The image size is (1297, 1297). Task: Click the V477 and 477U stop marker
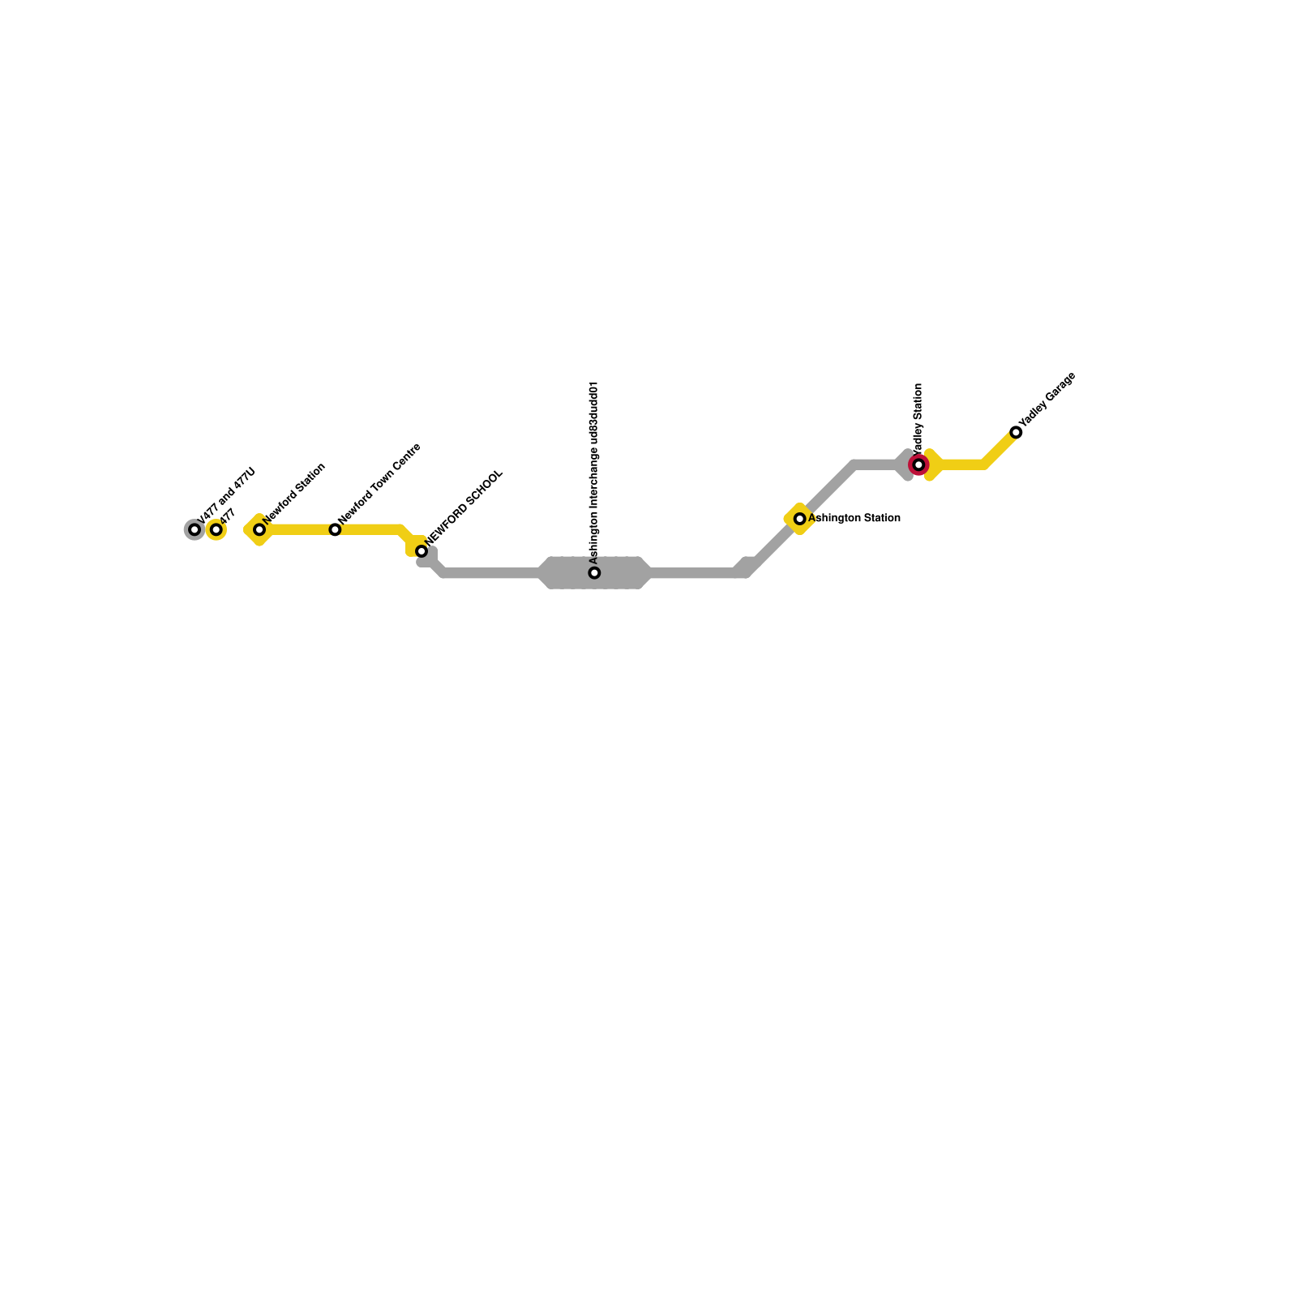coord(194,530)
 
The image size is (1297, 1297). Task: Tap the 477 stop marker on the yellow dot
coord(216,530)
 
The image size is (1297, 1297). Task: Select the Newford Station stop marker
coord(259,530)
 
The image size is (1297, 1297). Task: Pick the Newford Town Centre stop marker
coord(335,530)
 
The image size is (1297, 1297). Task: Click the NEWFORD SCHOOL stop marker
coord(422,551)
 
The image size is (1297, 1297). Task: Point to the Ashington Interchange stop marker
coord(594,573)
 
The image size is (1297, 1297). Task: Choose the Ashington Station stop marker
coord(799,519)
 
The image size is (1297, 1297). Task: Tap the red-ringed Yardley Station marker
coord(918,464)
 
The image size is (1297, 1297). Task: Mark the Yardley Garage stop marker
coord(1016,432)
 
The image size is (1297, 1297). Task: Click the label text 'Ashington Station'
coord(854,518)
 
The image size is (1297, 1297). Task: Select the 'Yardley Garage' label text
coord(1047,400)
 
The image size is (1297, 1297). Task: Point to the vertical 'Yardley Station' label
coord(918,417)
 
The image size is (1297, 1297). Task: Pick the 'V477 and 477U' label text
coord(227,495)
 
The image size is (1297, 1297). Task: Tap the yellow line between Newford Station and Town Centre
coord(297,530)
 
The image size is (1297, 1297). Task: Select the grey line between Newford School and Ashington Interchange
coord(490,573)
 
